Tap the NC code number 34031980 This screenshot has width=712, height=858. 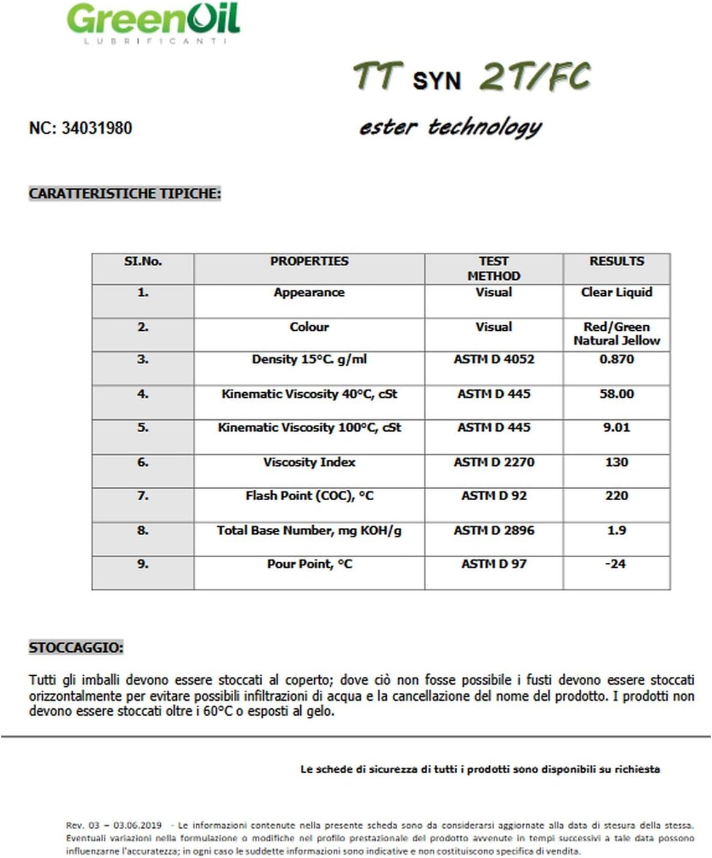click(x=96, y=128)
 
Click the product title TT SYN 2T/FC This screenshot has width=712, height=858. click(x=471, y=77)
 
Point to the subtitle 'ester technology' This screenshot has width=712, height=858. click(x=450, y=127)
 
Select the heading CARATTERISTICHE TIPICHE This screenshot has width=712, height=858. click(x=125, y=194)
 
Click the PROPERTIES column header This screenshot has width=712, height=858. click(x=309, y=261)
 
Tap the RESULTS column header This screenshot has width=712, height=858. click(x=616, y=261)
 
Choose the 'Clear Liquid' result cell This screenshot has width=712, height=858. click(x=616, y=293)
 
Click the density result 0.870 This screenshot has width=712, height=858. click(x=616, y=360)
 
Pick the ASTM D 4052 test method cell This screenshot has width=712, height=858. click(x=493, y=360)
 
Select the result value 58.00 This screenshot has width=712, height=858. click(x=616, y=394)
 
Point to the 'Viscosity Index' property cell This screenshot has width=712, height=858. click(x=309, y=462)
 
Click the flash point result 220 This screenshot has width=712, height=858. click(x=616, y=496)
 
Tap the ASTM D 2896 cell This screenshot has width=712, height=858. click(x=493, y=530)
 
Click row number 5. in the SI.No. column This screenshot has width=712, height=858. click(x=142, y=428)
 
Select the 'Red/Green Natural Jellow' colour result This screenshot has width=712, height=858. click(x=616, y=334)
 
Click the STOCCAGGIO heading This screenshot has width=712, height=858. click(x=76, y=647)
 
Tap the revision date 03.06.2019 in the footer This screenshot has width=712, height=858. click(x=137, y=825)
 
